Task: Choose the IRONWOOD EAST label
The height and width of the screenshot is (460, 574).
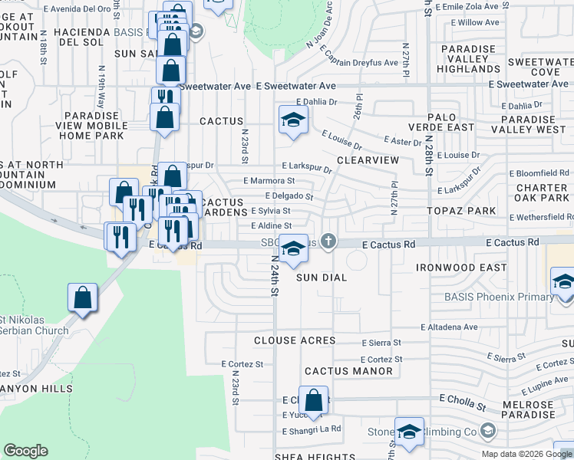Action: [461, 268]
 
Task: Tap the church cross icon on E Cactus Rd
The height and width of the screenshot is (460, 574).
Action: [328, 242]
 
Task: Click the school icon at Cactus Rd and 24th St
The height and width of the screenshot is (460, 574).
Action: [293, 248]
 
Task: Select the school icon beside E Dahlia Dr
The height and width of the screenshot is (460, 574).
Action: [293, 120]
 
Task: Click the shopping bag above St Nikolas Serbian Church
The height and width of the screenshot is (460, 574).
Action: [82, 298]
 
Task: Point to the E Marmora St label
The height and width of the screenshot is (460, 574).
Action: [269, 181]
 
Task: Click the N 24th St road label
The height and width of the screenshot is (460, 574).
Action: [275, 284]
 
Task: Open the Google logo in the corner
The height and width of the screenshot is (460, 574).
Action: [25, 450]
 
